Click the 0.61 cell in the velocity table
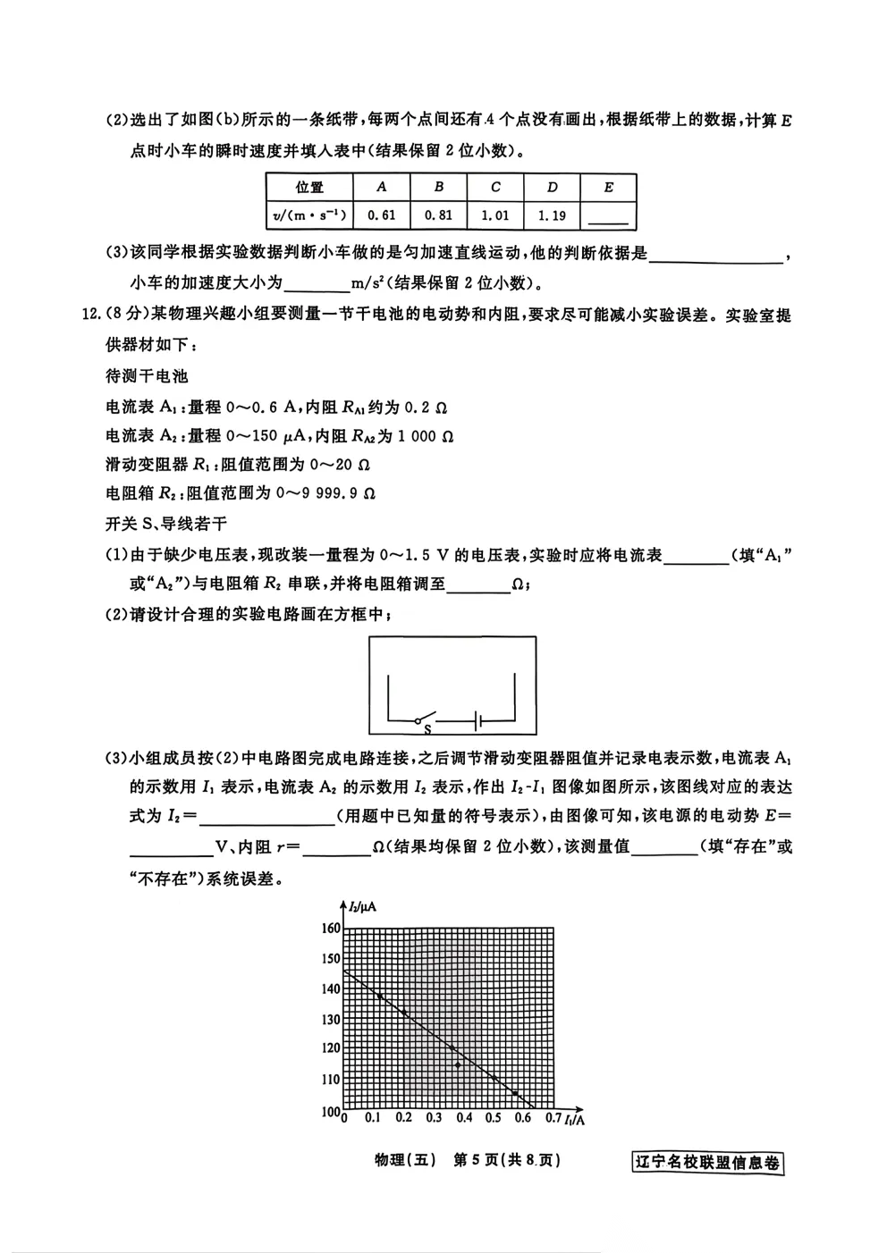click(382, 215)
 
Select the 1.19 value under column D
click(552, 215)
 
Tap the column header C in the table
click(495, 187)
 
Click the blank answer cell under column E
click(609, 215)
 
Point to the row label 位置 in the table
click(309, 187)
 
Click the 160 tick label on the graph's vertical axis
click(330, 928)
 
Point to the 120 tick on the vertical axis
click(330, 1048)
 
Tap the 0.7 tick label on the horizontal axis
click(553, 1118)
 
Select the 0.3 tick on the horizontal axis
click(434, 1118)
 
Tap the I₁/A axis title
click(574, 1119)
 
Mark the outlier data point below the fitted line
click(459, 1065)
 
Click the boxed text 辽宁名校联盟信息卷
click(706, 1163)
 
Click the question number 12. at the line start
click(92, 315)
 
